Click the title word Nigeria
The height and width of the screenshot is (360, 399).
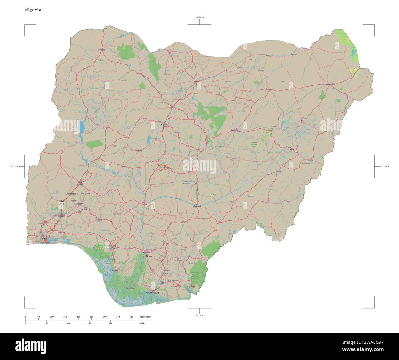(x=33, y=10)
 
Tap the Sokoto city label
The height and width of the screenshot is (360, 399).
(x=101, y=49)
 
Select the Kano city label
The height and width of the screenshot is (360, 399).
(x=196, y=81)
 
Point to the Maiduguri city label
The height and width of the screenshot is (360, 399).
(x=329, y=84)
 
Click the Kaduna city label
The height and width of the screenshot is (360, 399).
(x=165, y=125)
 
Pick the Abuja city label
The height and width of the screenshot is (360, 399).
(x=166, y=167)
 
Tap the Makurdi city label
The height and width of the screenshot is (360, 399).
(x=196, y=206)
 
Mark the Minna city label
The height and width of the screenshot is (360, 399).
(x=139, y=151)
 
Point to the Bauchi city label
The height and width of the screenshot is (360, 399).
(x=234, y=130)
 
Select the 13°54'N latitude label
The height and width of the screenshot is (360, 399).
(x=199, y=17)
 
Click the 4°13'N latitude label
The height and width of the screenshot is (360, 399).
(x=199, y=315)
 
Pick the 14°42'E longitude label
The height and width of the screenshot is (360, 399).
(x=385, y=166)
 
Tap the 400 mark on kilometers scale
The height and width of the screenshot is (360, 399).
(x=131, y=316)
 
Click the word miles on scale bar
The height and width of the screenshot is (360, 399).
(x=142, y=323)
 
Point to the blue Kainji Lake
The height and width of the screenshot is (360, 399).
(x=82, y=126)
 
